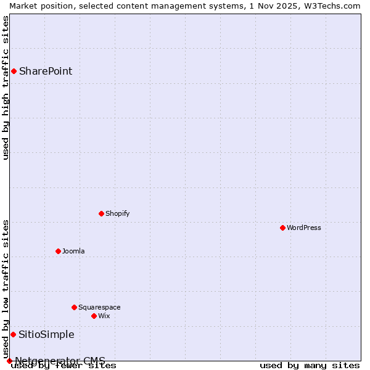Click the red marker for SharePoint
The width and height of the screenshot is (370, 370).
14,71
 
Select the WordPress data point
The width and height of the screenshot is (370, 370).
282,228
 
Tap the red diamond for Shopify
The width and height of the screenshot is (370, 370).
101,213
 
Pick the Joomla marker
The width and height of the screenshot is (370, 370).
58,251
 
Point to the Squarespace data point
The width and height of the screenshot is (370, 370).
74,307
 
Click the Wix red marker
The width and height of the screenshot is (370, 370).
94,316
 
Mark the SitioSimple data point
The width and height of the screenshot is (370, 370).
13,334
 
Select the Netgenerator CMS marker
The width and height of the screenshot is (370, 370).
9,361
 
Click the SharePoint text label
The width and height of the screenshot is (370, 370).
46,71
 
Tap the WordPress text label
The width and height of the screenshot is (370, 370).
303,228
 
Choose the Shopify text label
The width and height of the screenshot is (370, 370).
117,213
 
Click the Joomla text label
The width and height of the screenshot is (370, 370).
73,251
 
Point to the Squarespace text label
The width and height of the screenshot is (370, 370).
99,307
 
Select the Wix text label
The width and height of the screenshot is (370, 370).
104,316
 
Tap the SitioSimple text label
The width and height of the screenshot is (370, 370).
46,335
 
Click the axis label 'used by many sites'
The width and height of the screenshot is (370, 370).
310,366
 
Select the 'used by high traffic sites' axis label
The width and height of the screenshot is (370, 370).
6,88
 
